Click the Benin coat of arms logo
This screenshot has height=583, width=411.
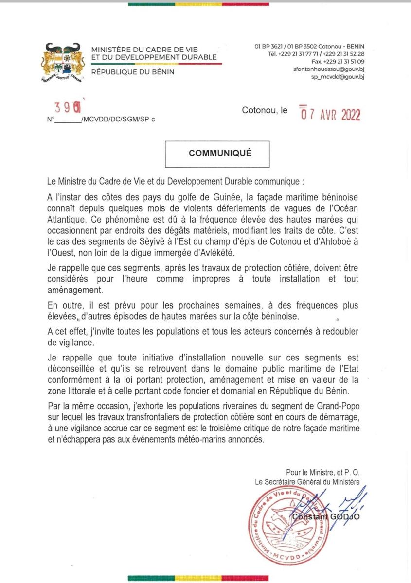(x=61, y=62)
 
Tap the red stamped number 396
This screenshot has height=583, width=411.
(x=67, y=107)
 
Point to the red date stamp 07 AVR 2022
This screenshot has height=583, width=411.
(x=330, y=114)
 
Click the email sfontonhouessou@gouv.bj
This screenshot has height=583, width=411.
(x=336, y=69)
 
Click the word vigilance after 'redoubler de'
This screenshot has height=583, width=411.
(x=75, y=342)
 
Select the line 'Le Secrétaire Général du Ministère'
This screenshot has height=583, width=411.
(x=307, y=482)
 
